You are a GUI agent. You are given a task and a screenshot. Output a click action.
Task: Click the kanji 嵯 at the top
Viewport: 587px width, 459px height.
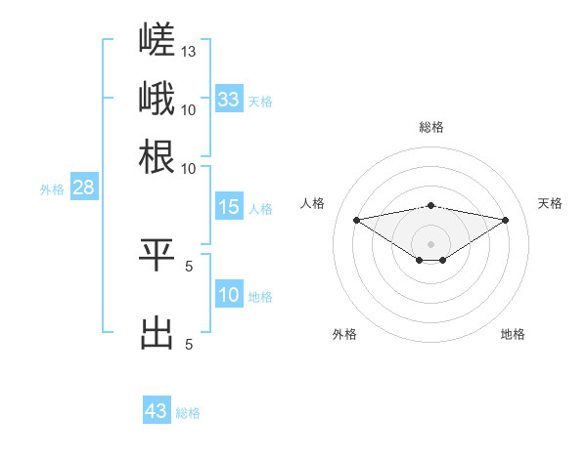pos(157,39)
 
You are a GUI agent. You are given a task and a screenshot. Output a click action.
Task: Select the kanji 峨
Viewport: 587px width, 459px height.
pos(157,98)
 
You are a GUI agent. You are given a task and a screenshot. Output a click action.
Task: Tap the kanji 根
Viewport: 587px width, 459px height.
pos(157,156)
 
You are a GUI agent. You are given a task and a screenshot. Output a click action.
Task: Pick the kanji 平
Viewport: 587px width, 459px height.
pos(157,255)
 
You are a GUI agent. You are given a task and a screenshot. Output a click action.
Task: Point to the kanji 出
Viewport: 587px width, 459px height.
pos(157,333)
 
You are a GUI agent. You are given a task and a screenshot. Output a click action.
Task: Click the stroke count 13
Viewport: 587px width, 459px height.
pos(188,52)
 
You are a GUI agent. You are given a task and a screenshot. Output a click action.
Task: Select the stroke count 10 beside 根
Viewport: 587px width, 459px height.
pos(188,169)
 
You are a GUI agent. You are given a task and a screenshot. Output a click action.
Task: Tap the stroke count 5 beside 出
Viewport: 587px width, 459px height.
pos(189,344)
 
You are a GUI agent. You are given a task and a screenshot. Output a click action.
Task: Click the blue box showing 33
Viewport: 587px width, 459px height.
pos(229,99)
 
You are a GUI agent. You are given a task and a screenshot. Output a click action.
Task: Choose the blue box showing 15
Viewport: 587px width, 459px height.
pos(229,206)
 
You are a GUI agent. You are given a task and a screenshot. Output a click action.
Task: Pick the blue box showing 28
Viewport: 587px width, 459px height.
pos(84,187)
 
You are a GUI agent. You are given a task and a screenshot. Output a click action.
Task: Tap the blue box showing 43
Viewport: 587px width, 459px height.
pos(157,409)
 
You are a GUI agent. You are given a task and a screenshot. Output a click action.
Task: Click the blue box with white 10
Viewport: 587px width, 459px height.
pos(229,293)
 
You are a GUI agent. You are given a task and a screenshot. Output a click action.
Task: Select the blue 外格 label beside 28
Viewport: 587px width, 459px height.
pos(52,189)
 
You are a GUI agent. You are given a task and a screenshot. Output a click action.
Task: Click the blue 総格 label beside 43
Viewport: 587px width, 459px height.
pos(188,413)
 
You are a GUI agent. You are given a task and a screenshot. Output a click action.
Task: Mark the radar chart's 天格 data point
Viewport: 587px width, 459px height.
pos(506,220)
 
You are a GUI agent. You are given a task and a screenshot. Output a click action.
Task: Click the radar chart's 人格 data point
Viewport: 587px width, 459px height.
pos(356,220)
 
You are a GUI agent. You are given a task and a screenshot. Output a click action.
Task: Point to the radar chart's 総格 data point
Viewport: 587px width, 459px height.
pos(430,206)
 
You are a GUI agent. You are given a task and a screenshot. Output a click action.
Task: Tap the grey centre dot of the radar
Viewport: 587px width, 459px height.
pos(430,244)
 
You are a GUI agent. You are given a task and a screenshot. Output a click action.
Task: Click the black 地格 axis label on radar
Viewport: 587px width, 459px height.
pos(513,334)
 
